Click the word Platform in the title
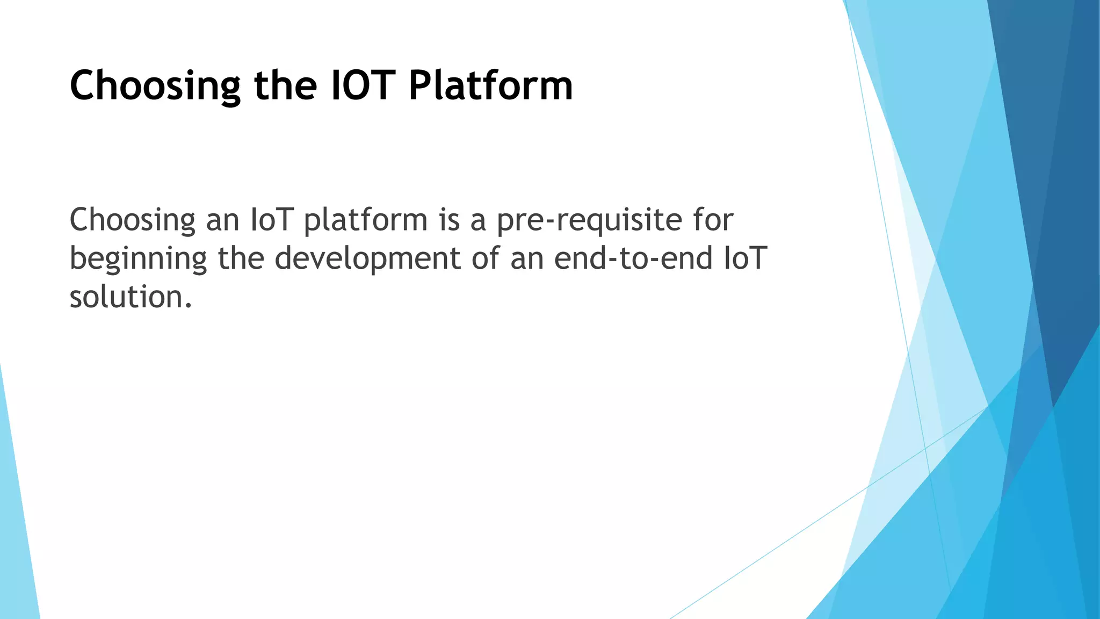pos(490,86)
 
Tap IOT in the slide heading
pos(363,86)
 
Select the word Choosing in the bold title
pos(155,86)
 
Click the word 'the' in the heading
pos(285,86)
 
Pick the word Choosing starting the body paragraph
pos(133,220)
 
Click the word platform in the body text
pos(365,220)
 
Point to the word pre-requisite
pos(589,220)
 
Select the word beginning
pos(138,259)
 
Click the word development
pos(368,259)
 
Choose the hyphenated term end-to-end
pos(633,258)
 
